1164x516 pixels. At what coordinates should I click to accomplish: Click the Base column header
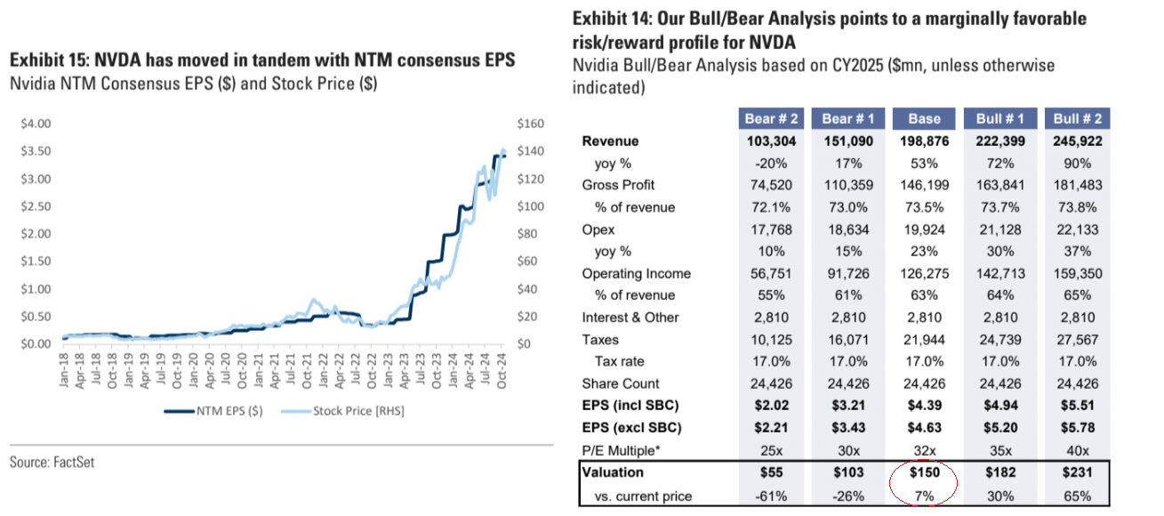(925, 119)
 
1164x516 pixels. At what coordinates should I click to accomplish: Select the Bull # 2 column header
(1078, 119)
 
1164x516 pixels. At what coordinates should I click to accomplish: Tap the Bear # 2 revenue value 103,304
(769, 141)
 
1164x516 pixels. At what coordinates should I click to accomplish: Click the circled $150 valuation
(925, 473)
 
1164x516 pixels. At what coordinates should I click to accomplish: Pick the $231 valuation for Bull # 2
(1079, 473)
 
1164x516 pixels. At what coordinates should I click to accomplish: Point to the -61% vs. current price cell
(769, 495)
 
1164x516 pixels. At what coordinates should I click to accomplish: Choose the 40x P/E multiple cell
(1079, 450)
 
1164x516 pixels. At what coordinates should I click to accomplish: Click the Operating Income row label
(636, 274)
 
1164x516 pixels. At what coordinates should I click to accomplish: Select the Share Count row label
(621, 384)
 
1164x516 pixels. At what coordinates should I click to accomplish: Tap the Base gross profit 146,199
(925, 185)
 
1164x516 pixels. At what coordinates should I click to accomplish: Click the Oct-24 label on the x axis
(503, 367)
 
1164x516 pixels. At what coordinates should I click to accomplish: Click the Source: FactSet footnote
(52, 463)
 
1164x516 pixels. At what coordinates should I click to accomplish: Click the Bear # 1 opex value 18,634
(847, 230)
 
